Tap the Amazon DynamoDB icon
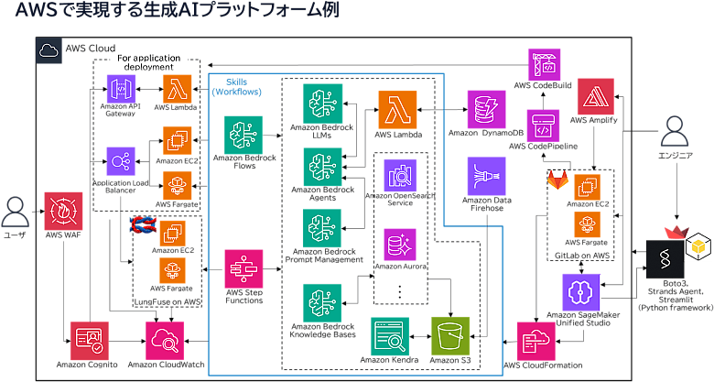485,110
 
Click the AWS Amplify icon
597,95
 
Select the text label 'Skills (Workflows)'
237,86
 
